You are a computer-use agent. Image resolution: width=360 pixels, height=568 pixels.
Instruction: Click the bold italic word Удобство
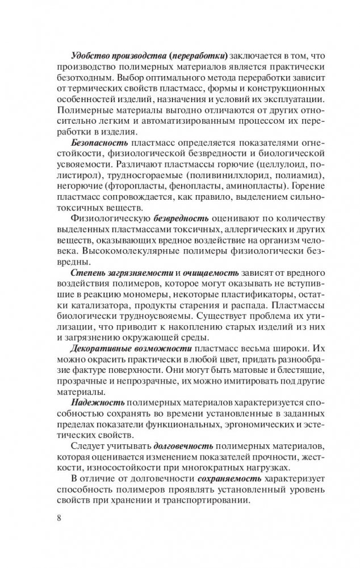89,56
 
